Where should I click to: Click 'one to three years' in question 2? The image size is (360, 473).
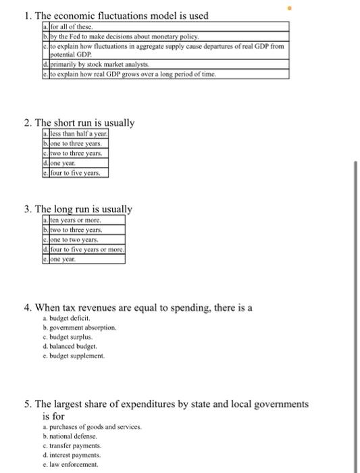(75, 144)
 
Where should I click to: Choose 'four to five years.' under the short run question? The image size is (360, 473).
(75, 173)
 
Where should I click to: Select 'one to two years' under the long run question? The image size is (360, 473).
(74, 240)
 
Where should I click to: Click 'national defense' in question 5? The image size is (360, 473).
(71, 437)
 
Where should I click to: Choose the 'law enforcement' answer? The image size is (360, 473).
(71, 464)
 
